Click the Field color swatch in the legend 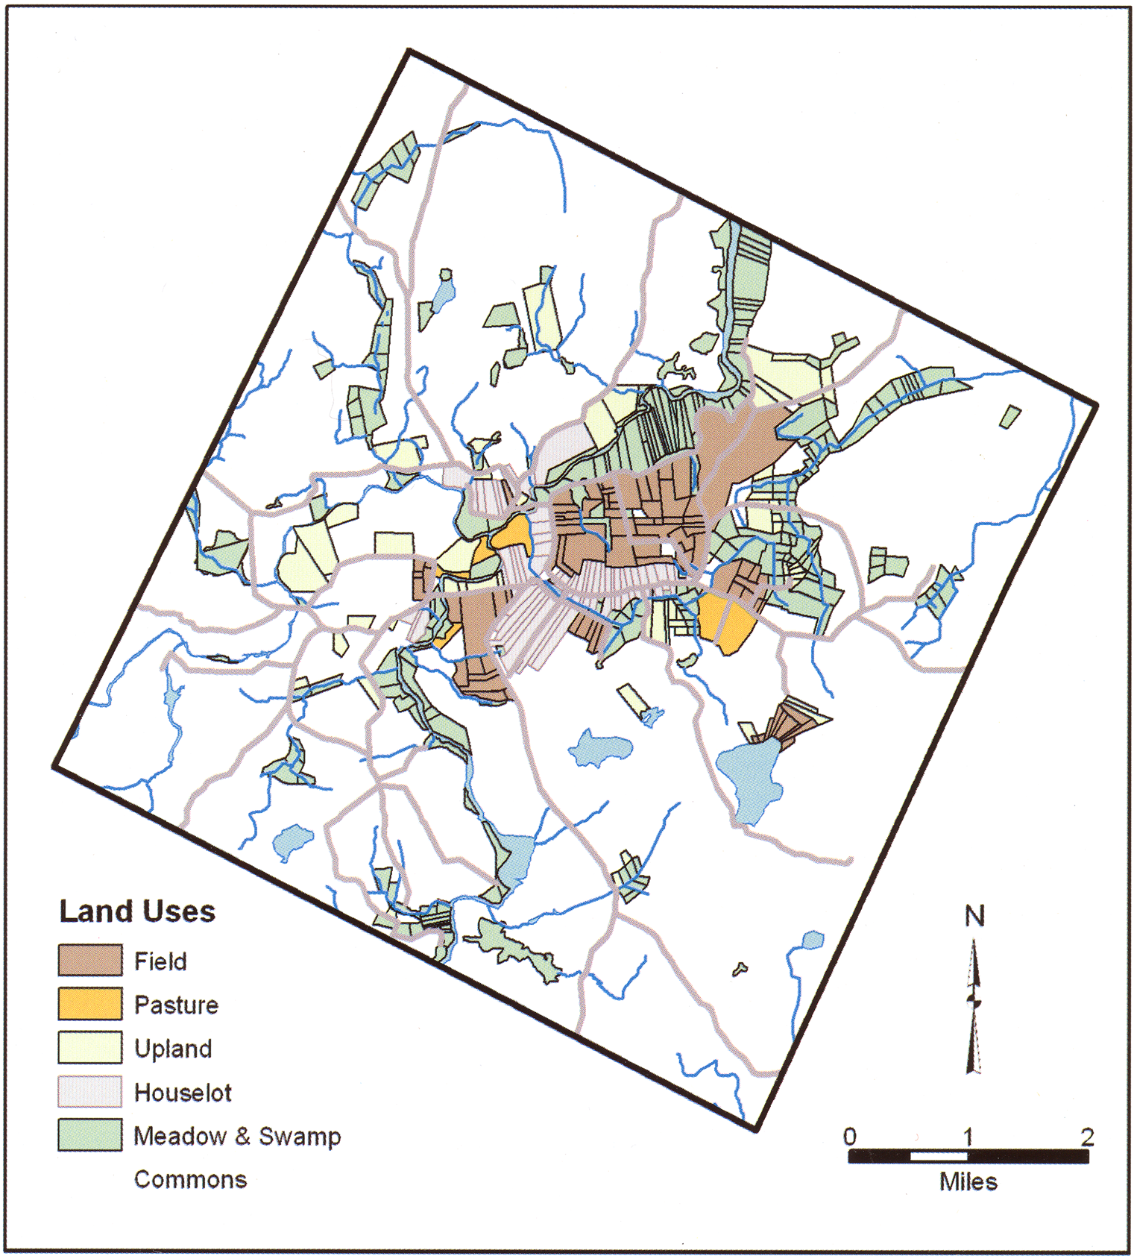pos(90,960)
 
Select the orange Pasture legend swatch pos(90,1004)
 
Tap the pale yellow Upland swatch pos(90,1047)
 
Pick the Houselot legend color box pos(90,1091)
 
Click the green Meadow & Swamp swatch pos(90,1135)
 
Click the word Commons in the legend pos(190,1179)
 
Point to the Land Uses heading pos(137,911)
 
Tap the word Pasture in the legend pos(176,1005)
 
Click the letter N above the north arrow pos(974,916)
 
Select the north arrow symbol pos(973,1007)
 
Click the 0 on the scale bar pos(850,1137)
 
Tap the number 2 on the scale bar pos(1087,1137)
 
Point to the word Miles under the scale pos(968,1181)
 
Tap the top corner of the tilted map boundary pos(409,51)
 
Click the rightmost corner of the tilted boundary pos(1096,405)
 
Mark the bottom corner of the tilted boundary pos(755,1130)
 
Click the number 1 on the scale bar pos(968,1137)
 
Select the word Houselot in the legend pos(183,1093)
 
